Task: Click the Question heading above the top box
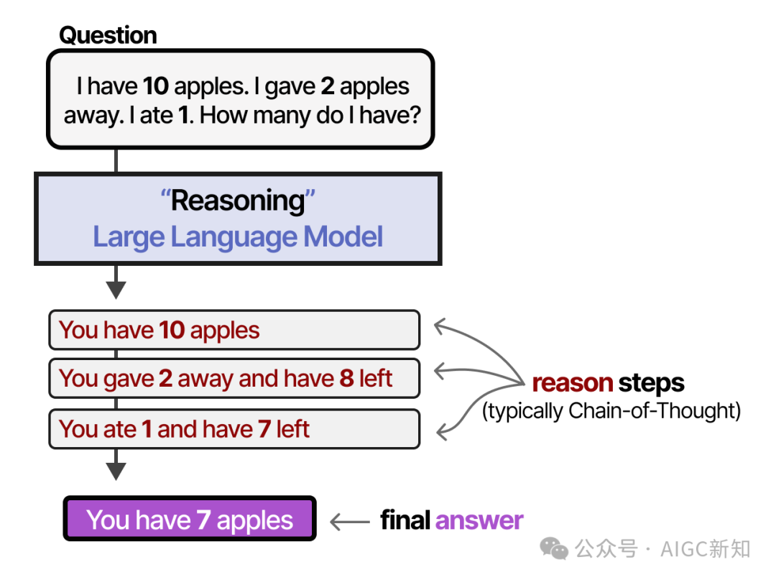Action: (x=108, y=36)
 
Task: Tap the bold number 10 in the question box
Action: (x=156, y=86)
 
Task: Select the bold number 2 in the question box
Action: (x=328, y=86)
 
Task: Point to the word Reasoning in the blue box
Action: (x=238, y=201)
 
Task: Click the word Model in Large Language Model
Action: (x=343, y=236)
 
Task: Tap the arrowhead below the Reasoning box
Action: (x=116, y=290)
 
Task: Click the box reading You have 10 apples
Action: (x=234, y=330)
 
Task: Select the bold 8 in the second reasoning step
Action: (x=346, y=379)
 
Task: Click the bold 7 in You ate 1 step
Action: (x=264, y=429)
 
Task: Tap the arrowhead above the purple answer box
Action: (x=116, y=471)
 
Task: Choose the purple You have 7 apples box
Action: (x=190, y=519)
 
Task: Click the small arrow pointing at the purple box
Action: (x=350, y=522)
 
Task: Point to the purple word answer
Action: (x=479, y=520)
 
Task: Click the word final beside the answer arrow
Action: (x=405, y=520)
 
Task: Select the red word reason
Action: (x=573, y=384)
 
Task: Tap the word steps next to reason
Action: (x=651, y=384)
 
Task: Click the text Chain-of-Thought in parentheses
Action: (x=652, y=411)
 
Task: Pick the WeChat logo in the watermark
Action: (x=554, y=548)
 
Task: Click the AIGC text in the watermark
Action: (x=685, y=549)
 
